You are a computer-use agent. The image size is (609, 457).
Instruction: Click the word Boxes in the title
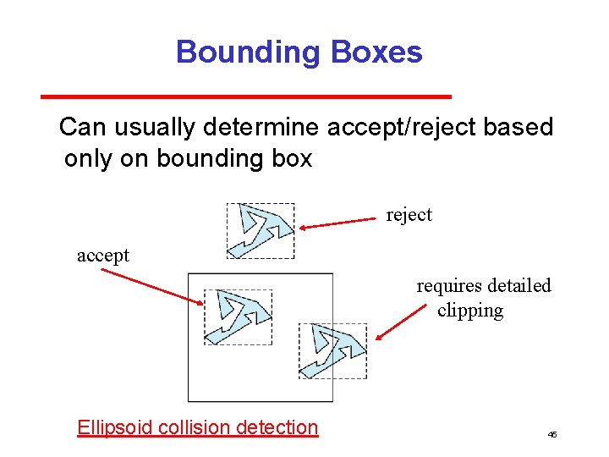point(376,52)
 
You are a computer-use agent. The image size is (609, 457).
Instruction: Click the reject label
point(409,215)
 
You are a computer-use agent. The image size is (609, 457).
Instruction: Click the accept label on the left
point(103,255)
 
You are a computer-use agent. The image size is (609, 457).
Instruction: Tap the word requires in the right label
point(448,286)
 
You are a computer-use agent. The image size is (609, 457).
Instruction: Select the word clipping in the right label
point(470,311)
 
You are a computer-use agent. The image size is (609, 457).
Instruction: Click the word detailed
point(518,286)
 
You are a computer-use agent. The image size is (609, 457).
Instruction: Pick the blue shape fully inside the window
point(239,317)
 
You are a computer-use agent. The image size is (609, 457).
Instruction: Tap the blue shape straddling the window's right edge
point(335,350)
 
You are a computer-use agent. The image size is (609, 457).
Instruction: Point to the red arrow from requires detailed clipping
point(398,322)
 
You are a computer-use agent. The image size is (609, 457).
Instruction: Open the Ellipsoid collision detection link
point(197,427)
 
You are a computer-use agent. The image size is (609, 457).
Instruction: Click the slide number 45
point(551,434)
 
